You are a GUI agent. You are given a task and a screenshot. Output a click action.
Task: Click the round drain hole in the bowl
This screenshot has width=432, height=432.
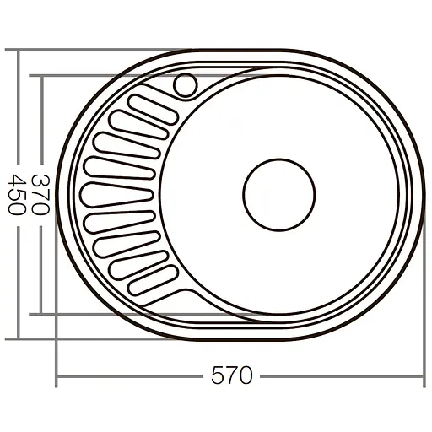[x=279, y=194]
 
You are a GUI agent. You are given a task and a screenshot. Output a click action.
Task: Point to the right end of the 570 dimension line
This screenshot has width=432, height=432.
[x=421, y=375]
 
